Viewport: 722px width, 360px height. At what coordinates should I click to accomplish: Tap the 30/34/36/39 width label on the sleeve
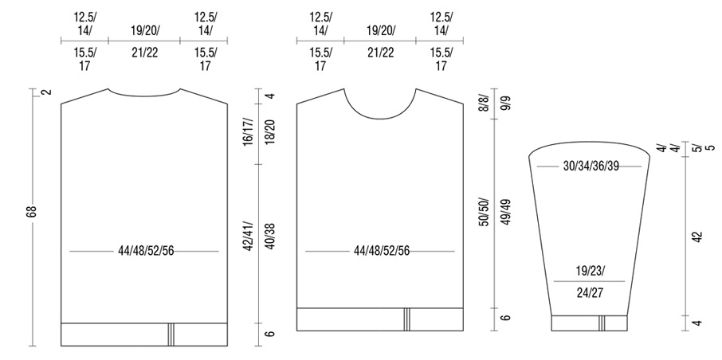click(591, 166)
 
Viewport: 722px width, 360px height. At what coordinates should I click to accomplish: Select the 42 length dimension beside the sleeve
click(697, 237)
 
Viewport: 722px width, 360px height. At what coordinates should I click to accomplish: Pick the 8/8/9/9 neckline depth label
click(500, 104)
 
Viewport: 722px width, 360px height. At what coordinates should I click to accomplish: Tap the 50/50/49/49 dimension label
click(500, 212)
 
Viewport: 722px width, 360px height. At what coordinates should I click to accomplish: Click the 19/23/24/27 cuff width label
click(590, 282)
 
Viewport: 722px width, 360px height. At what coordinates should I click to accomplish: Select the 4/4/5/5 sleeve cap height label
click(686, 148)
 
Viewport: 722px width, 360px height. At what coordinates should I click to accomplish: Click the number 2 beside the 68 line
click(46, 92)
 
